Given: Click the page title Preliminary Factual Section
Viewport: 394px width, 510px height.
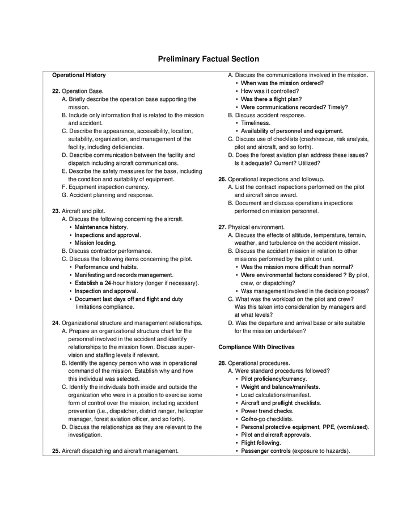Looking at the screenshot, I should coord(208,59).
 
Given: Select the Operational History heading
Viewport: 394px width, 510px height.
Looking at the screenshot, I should coord(79,75).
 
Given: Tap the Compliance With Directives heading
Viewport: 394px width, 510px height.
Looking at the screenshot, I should coord(256,346).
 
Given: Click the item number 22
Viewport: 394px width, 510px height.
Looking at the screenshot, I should coord(56,91).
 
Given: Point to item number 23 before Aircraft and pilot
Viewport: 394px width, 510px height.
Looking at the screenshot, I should coord(56,211).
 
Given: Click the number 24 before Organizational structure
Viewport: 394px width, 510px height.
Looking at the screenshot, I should coord(56,322).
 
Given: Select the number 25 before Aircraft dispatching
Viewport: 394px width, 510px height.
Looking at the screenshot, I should coord(56,451).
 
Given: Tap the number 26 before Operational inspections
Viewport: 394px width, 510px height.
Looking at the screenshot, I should coord(222,179).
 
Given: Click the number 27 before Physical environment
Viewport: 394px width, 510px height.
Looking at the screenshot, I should coord(222,227).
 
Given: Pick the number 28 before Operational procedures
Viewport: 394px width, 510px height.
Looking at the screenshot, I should coord(222,363).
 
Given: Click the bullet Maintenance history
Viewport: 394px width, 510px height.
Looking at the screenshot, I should coord(101,227).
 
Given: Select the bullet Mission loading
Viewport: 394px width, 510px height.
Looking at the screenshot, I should coord(95,243).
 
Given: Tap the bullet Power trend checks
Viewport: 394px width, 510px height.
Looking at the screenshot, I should coord(267,411).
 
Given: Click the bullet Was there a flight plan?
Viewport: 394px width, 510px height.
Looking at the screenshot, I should coord(271,99).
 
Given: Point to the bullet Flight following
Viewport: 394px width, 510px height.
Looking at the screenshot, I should coord(261,443).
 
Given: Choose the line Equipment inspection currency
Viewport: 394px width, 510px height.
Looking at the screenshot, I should coord(109,187).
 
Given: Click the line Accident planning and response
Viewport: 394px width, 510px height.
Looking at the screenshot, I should coord(111,195).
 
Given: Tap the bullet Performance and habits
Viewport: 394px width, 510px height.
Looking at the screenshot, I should coord(106,266).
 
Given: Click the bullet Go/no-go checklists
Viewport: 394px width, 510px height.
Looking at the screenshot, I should coord(266,419).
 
